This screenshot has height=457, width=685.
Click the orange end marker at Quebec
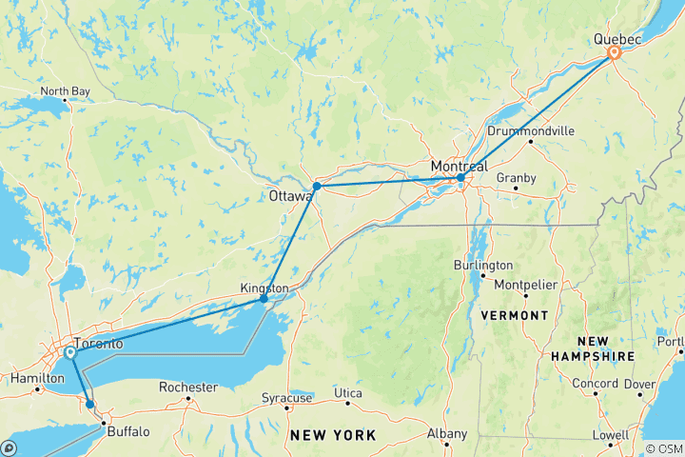(x=615, y=53)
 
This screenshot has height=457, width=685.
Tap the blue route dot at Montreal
(x=460, y=178)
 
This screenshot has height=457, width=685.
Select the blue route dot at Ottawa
(x=316, y=187)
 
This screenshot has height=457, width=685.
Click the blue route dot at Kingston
(x=264, y=299)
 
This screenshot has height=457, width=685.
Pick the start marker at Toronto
(x=70, y=353)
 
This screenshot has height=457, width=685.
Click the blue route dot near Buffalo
(x=90, y=405)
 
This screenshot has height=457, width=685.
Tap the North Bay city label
(x=65, y=91)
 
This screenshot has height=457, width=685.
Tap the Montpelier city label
(x=528, y=285)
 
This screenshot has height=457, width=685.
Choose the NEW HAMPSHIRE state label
(x=593, y=348)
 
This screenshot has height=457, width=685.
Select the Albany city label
(x=447, y=434)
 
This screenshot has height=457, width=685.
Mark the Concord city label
(x=596, y=384)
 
